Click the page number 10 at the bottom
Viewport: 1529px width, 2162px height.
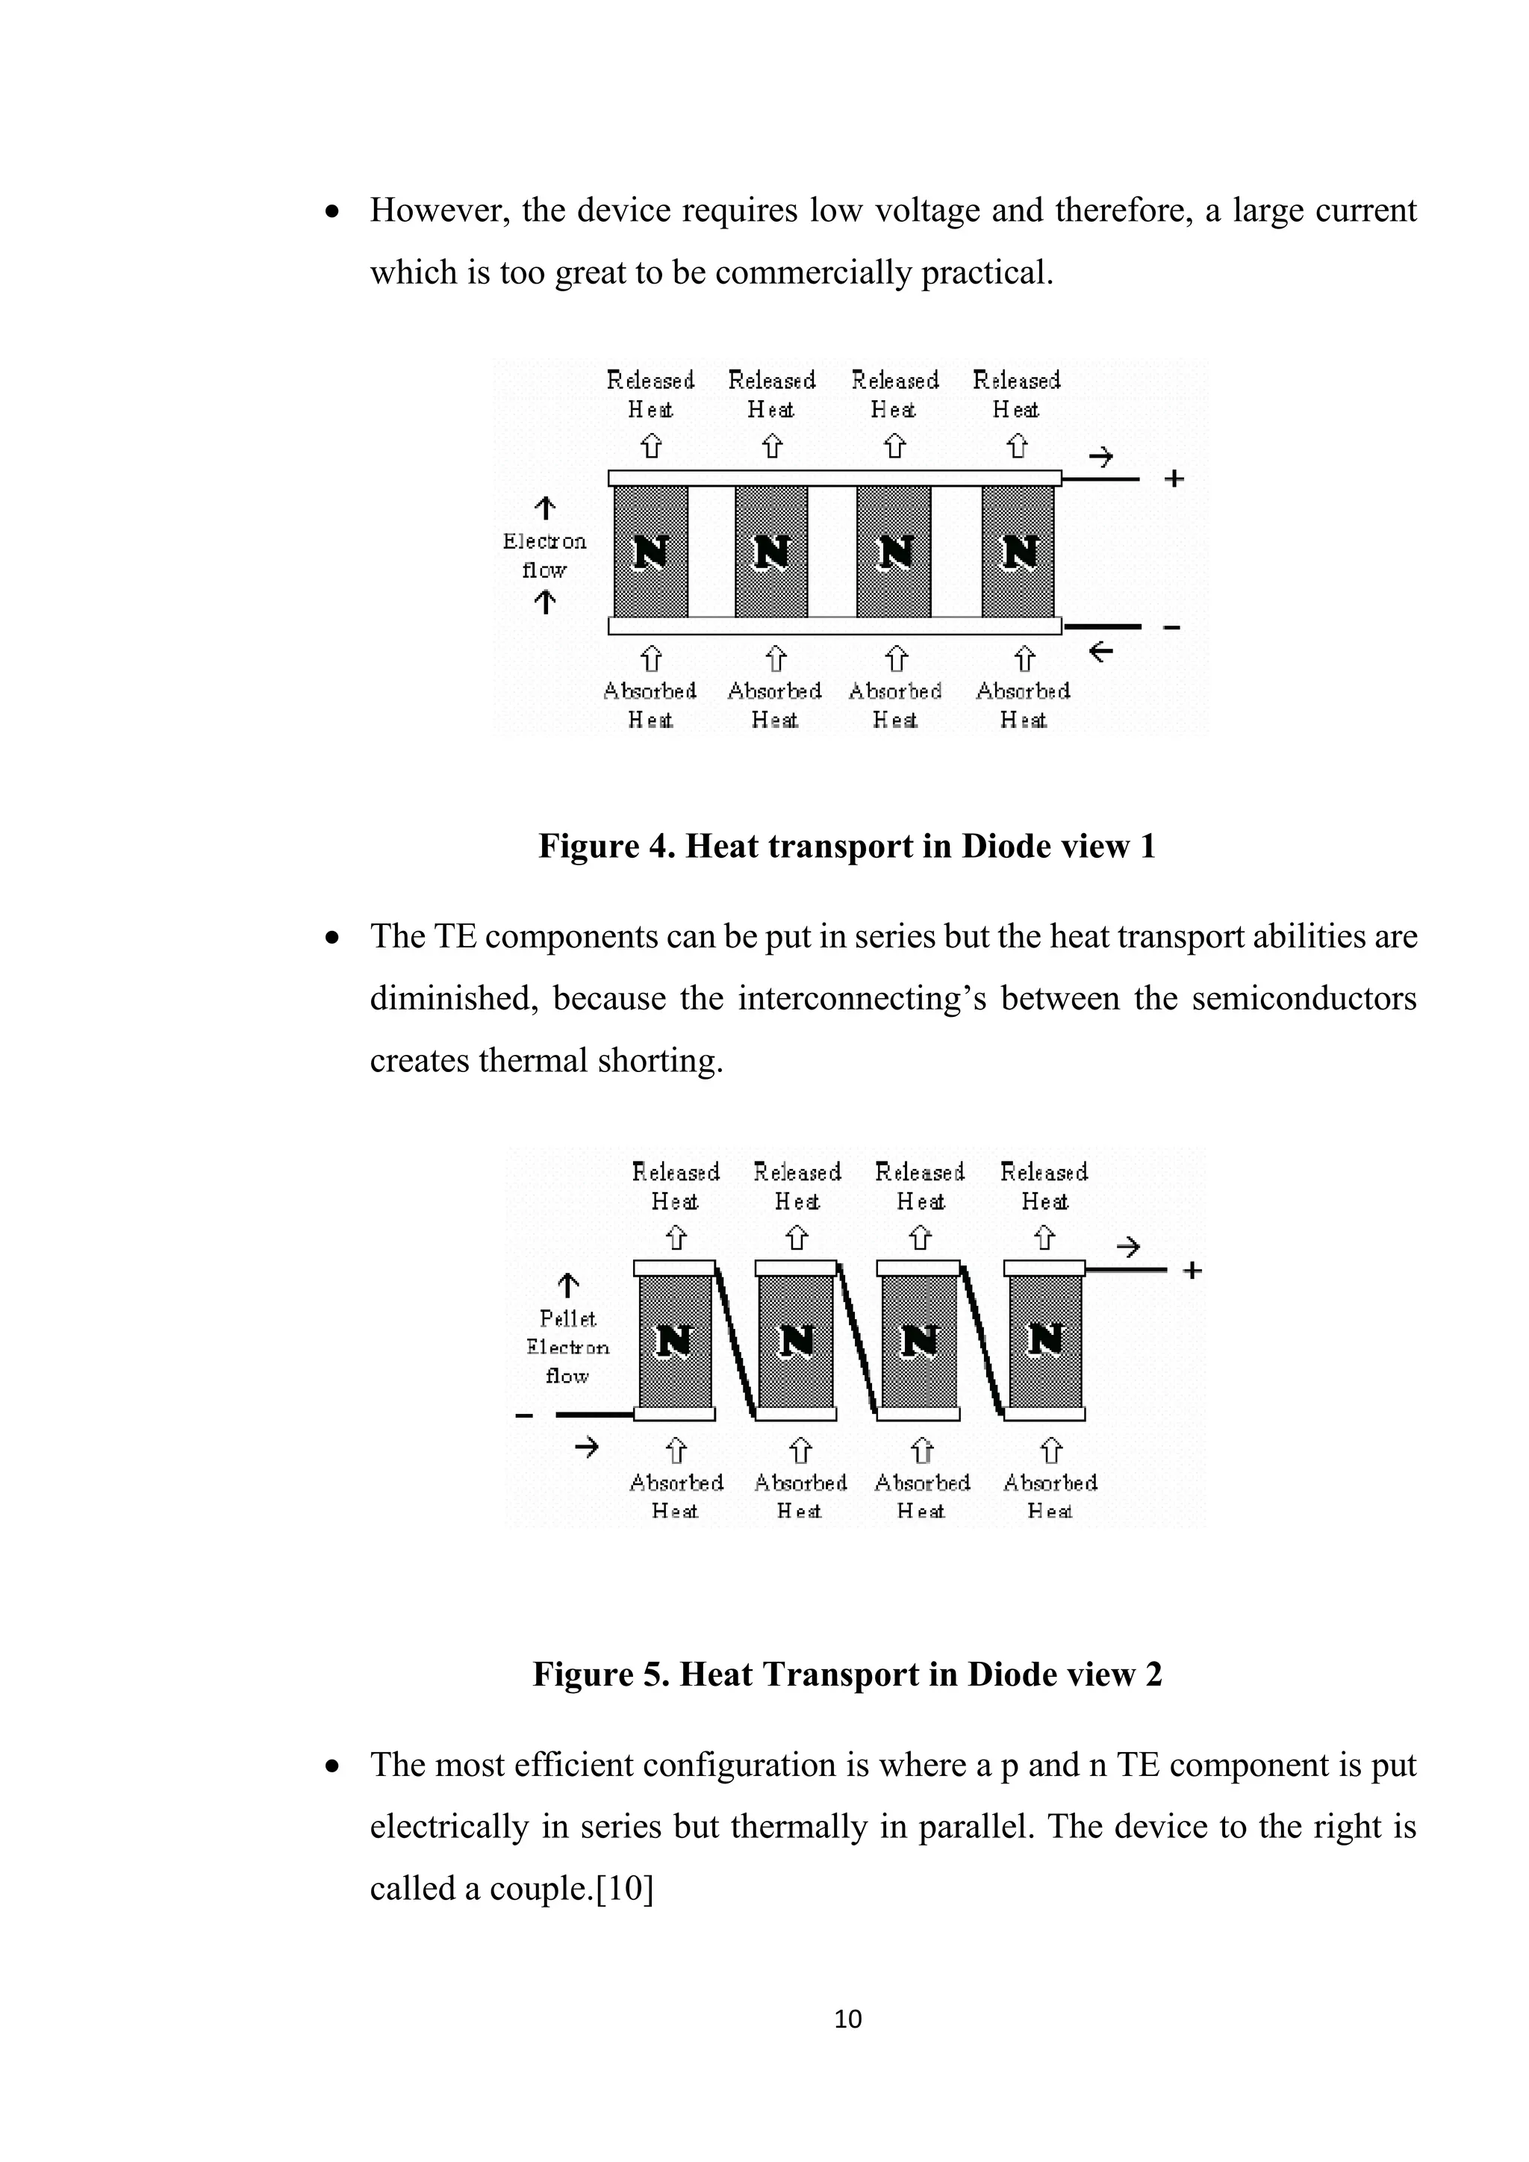[x=847, y=2018]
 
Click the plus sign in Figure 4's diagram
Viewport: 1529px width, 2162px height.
[x=1173, y=479]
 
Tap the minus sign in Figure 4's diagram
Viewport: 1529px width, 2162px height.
[x=1172, y=627]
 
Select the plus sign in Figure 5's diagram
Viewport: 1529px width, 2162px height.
[x=1192, y=1271]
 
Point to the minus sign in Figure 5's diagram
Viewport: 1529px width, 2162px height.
[x=524, y=1415]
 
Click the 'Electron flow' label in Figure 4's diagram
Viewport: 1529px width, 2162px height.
[x=544, y=555]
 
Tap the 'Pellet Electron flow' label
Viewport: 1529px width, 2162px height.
[x=567, y=1347]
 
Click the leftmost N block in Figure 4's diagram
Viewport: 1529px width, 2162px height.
[x=650, y=552]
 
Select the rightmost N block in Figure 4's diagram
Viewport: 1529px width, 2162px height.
[x=1018, y=552]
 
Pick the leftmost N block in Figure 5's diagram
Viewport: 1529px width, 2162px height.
[x=675, y=1340]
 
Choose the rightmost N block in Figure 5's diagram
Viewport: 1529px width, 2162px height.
[x=1045, y=1340]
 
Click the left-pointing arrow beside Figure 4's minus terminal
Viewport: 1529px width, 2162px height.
[x=1100, y=651]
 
